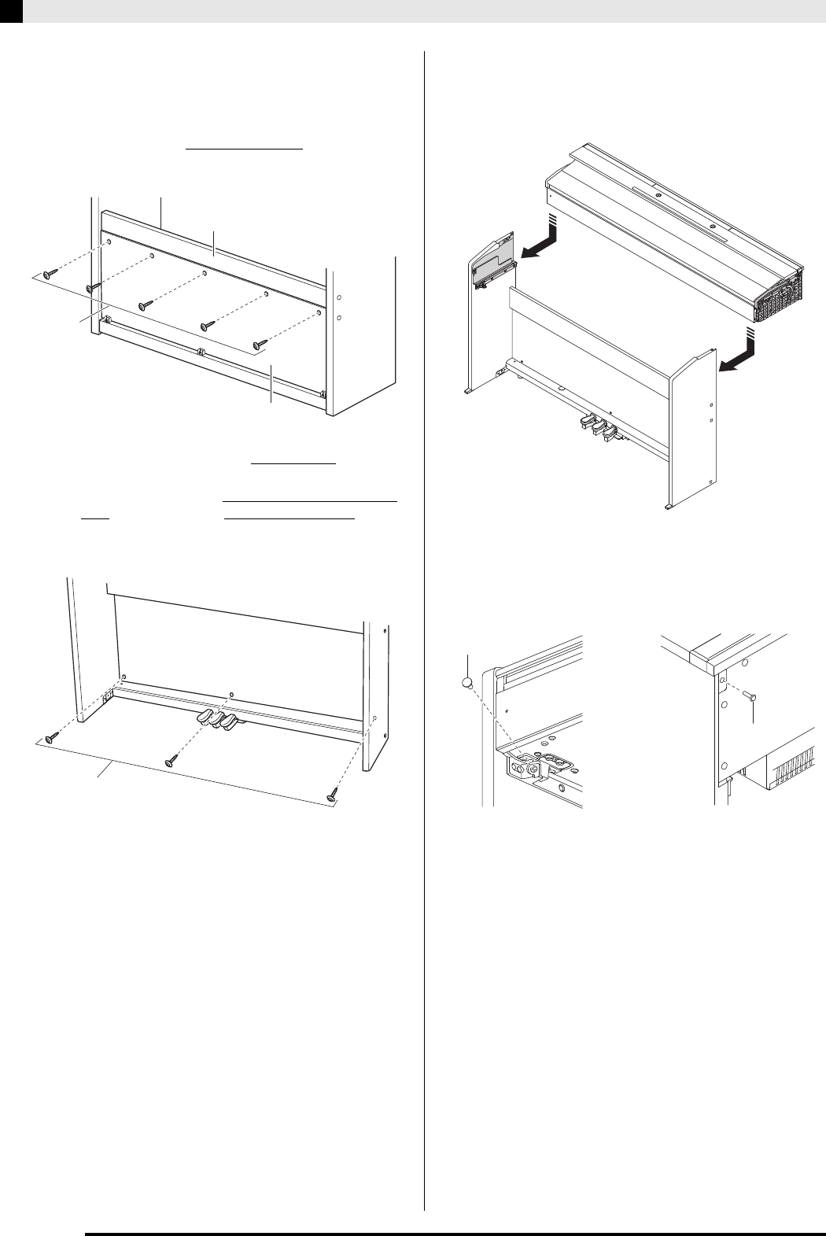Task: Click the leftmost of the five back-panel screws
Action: pos(50,272)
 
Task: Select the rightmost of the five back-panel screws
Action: pos(259,344)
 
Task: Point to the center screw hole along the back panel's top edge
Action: pos(205,273)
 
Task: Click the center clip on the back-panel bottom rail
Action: pos(202,352)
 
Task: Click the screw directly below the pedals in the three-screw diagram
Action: pos(171,761)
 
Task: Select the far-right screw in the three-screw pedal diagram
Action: pos(333,797)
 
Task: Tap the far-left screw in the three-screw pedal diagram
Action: pos(52,737)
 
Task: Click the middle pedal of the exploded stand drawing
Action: pos(596,426)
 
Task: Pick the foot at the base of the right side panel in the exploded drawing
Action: pos(669,507)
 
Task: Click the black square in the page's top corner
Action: pos(11,10)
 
